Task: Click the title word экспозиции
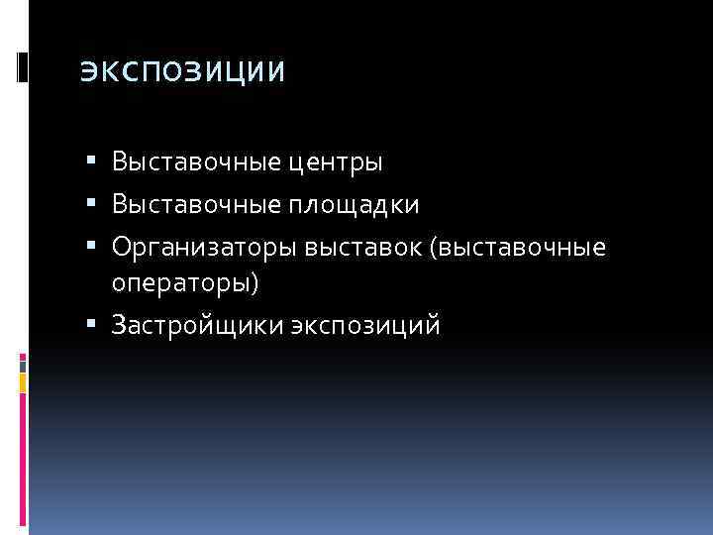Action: click(x=181, y=72)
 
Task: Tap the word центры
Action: click(x=332, y=161)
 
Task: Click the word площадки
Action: click(x=351, y=205)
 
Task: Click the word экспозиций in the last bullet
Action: click(x=365, y=325)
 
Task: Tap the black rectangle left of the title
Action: click(x=22, y=67)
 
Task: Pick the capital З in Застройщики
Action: click(x=119, y=324)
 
